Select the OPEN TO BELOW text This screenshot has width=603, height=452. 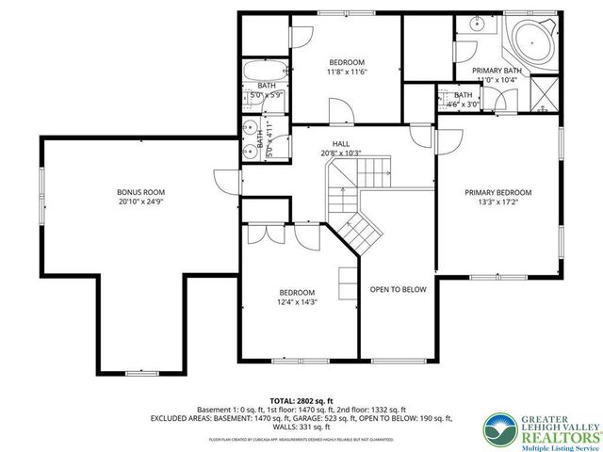tap(398, 290)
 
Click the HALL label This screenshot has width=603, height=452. tap(340, 142)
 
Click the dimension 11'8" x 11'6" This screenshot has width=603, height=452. tap(346, 72)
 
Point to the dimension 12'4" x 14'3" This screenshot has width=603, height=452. tap(296, 302)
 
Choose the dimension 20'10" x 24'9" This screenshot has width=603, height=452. tap(135, 202)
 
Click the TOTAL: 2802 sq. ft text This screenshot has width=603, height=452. tap(301, 400)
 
